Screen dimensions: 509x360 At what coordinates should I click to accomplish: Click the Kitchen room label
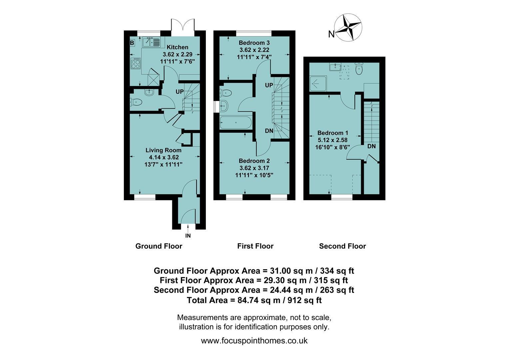(x=178, y=47)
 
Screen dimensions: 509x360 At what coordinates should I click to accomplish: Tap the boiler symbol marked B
(x=132, y=43)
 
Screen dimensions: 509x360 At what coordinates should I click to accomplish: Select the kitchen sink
(x=151, y=42)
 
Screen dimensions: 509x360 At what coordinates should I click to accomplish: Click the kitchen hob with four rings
(x=136, y=63)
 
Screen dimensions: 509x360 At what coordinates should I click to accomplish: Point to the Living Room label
(x=163, y=150)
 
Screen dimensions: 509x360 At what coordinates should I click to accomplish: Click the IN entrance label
(x=188, y=236)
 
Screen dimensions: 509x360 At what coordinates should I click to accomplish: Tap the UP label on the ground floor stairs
(x=180, y=92)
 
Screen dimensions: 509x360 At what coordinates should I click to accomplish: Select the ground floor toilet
(x=136, y=102)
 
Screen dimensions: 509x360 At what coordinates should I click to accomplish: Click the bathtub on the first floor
(x=236, y=123)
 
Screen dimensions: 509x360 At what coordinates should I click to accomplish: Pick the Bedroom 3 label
(x=254, y=43)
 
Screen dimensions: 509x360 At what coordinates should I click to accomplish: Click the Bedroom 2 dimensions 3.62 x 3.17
(x=254, y=168)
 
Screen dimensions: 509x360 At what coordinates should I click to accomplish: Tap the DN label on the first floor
(x=269, y=131)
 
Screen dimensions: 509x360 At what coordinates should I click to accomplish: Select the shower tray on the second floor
(x=318, y=83)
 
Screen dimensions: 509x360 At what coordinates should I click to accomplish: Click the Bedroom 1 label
(x=333, y=133)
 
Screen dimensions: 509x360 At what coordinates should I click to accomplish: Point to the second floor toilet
(x=359, y=68)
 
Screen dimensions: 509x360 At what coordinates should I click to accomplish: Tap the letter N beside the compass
(x=331, y=34)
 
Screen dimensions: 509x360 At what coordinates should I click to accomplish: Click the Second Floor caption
(x=342, y=246)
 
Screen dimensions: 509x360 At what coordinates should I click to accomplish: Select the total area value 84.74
(x=248, y=300)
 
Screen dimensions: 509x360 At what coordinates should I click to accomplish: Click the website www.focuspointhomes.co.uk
(x=254, y=341)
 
